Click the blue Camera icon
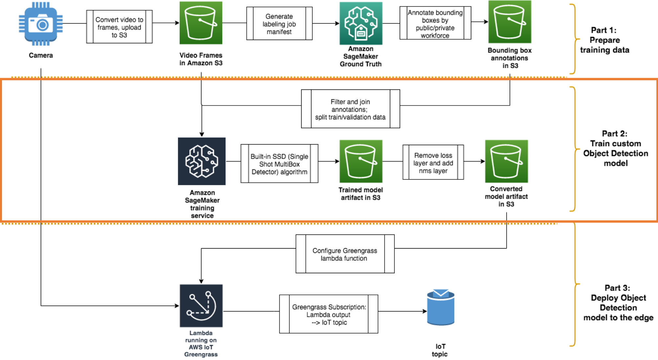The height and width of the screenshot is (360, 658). [40, 24]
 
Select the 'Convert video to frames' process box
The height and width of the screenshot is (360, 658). [119, 27]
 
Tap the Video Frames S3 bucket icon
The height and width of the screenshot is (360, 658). [201, 23]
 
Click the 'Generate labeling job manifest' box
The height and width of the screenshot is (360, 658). [279, 24]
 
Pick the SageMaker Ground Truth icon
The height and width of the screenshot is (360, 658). [361, 23]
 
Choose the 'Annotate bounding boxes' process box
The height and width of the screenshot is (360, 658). [435, 23]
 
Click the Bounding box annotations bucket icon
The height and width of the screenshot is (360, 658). [510, 22]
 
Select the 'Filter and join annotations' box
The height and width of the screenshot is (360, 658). [350, 109]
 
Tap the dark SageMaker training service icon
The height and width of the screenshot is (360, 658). [202, 161]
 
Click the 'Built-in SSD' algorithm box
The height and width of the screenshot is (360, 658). [279, 164]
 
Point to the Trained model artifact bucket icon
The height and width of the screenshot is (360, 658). [361, 161]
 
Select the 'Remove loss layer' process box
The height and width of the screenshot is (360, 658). [433, 162]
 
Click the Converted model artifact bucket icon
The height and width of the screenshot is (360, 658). [506, 161]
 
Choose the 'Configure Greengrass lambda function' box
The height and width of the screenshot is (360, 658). [345, 254]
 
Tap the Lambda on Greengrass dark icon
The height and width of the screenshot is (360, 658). [201, 306]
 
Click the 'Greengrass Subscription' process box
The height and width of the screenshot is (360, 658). [329, 314]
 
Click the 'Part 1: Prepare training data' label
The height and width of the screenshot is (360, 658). [604, 40]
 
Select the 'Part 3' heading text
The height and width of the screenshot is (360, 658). [617, 288]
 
